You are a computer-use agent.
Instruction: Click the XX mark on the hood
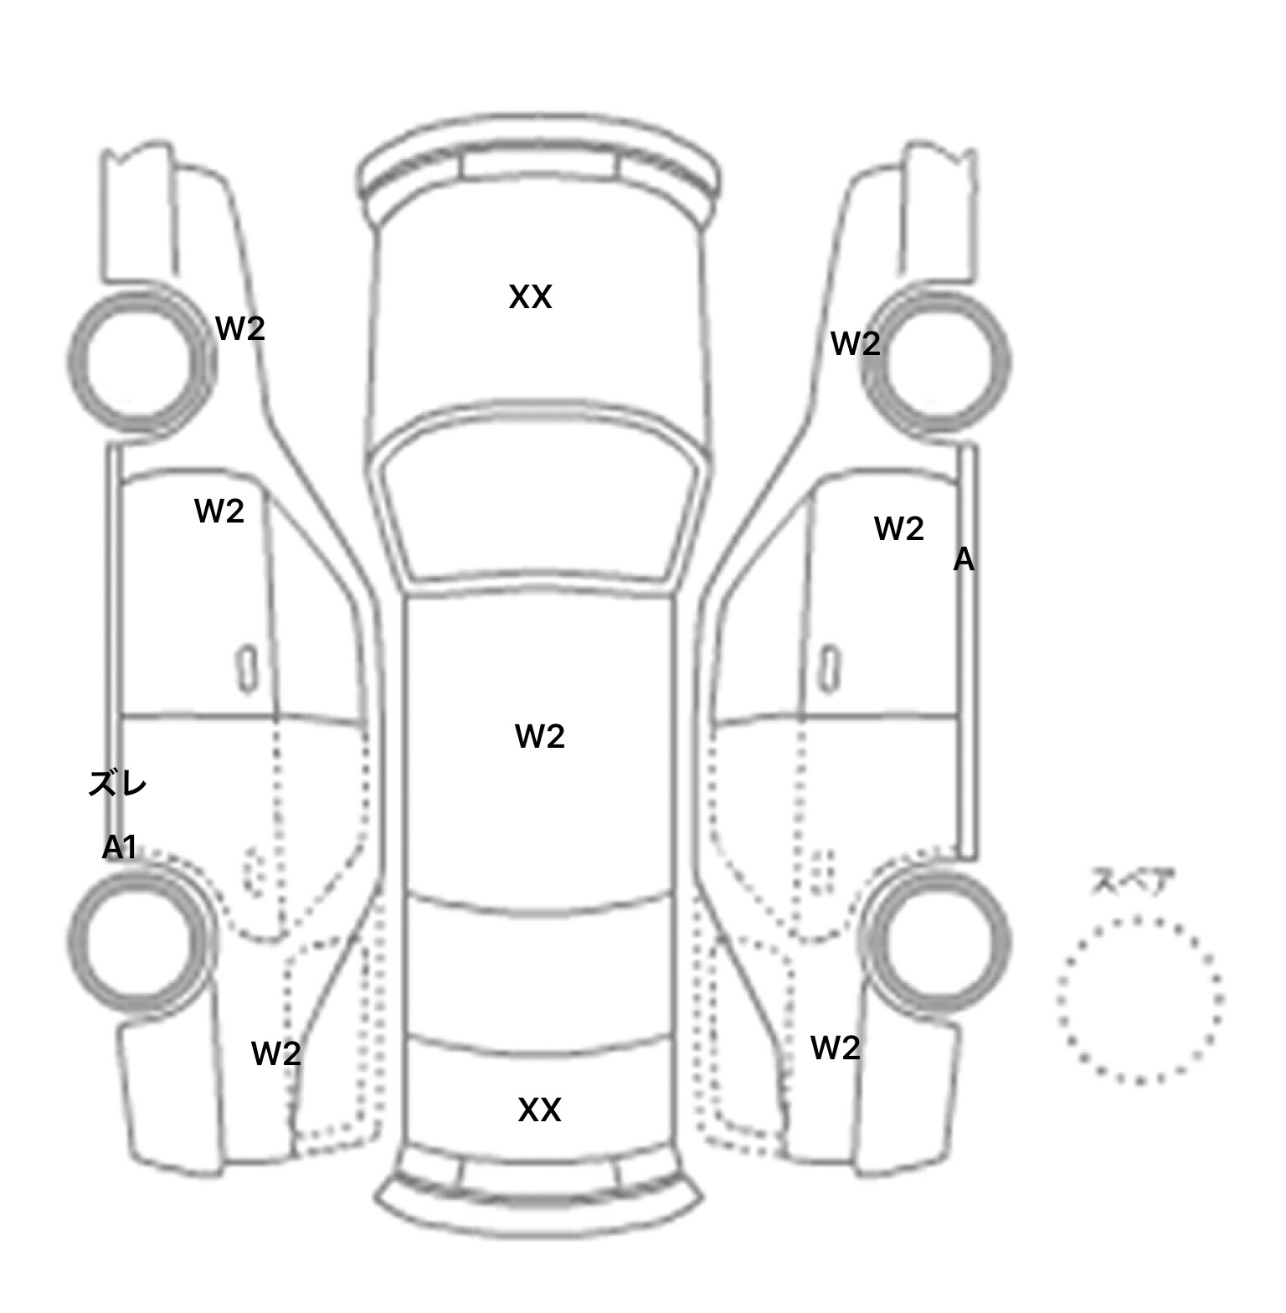click(x=531, y=297)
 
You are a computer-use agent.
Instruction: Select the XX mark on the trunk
click(x=539, y=1110)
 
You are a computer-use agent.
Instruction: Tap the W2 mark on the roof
click(x=540, y=736)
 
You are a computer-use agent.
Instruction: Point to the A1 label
click(x=119, y=847)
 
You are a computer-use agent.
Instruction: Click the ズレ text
click(x=118, y=784)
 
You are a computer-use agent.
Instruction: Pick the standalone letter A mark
click(x=964, y=559)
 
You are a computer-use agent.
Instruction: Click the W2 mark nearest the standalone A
click(x=899, y=529)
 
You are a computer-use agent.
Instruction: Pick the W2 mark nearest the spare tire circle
click(x=836, y=1048)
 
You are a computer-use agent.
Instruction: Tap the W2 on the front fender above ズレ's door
click(x=240, y=328)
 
